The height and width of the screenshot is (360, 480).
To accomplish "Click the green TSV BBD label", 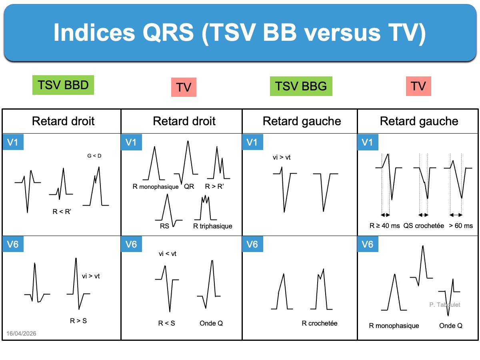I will click(x=63, y=85).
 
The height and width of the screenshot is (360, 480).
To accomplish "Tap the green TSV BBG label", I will click(x=301, y=86).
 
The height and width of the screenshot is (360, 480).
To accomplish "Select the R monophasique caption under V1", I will click(x=156, y=186).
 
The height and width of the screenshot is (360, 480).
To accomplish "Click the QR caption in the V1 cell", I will click(x=189, y=186).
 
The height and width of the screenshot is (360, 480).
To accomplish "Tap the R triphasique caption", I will click(x=212, y=226).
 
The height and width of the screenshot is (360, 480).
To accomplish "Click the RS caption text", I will click(x=165, y=226).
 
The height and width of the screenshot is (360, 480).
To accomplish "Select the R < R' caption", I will click(x=62, y=212).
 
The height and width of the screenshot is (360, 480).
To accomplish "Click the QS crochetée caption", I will click(x=424, y=226).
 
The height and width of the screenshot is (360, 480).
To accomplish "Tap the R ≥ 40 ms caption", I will click(x=384, y=226).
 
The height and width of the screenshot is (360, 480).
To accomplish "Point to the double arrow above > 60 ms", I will click(x=456, y=215).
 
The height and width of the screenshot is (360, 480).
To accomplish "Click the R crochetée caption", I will click(x=320, y=323).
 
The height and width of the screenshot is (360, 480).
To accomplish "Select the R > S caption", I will click(x=78, y=320).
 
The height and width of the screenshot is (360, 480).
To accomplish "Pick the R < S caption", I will click(x=166, y=323).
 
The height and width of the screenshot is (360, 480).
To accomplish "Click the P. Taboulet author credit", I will click(x=445, y=305).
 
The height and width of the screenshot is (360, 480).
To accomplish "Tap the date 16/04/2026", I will click(x=22, y=333).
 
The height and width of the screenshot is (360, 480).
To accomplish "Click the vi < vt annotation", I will click(x=168, y=254).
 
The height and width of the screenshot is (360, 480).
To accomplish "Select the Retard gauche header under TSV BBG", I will click(x=302, y=121).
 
